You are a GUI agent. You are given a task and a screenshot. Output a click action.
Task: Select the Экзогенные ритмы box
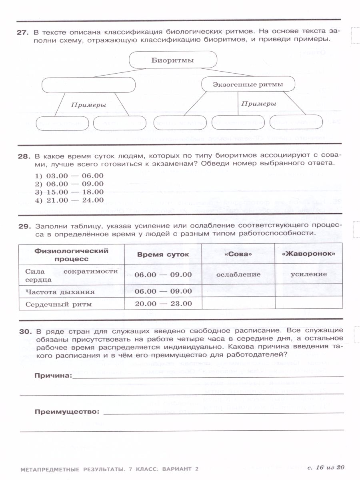pos(248,84)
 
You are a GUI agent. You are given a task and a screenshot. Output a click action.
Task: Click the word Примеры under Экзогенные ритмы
pos(259,104)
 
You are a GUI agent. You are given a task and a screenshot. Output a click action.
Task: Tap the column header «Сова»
pos(238,254)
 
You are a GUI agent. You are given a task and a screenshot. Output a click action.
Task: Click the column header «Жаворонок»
pos(308,254)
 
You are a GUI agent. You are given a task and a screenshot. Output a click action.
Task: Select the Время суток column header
pos(163,255)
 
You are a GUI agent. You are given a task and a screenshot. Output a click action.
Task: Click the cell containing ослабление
pos(238,274)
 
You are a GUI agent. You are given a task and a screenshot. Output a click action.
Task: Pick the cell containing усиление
pos(308,274)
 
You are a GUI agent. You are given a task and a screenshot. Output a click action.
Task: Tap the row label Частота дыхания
pos(60,292)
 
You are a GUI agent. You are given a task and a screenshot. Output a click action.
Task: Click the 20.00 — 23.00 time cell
pos(163,304)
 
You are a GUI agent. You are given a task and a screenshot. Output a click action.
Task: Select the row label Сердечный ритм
pos(58,304)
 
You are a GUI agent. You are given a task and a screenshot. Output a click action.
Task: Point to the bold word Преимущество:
pos(66,412)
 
